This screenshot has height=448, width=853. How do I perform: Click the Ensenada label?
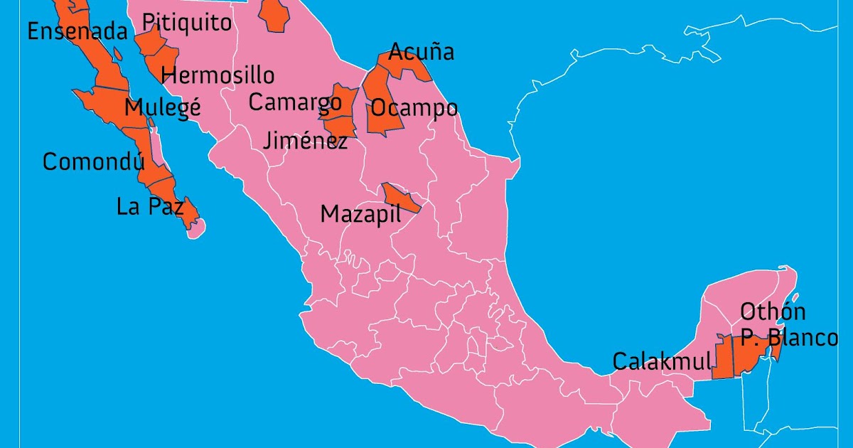pos(77,31)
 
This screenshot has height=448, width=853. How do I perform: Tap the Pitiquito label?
pos(187,23)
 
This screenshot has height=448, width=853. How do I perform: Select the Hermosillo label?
pos(218,75)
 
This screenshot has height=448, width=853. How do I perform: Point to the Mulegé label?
pos(162,108)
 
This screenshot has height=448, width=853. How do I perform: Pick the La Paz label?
pos(150,207)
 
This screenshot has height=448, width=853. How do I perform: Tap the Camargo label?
pos(294,102)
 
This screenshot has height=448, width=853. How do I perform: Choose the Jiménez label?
pos(305,140)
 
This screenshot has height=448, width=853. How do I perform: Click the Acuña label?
pos(421,52)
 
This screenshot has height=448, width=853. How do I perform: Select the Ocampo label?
pos(414,108)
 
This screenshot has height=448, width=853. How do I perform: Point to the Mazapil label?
pos(360,214)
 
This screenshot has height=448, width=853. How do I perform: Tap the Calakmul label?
pos(661,361)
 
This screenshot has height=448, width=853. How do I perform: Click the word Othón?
pos(773,311)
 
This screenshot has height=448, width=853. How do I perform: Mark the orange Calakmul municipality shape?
pos(723,358)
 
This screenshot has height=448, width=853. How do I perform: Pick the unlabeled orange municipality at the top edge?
pos(274,14)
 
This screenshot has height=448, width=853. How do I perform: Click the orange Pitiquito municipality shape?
pos(149,42)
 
